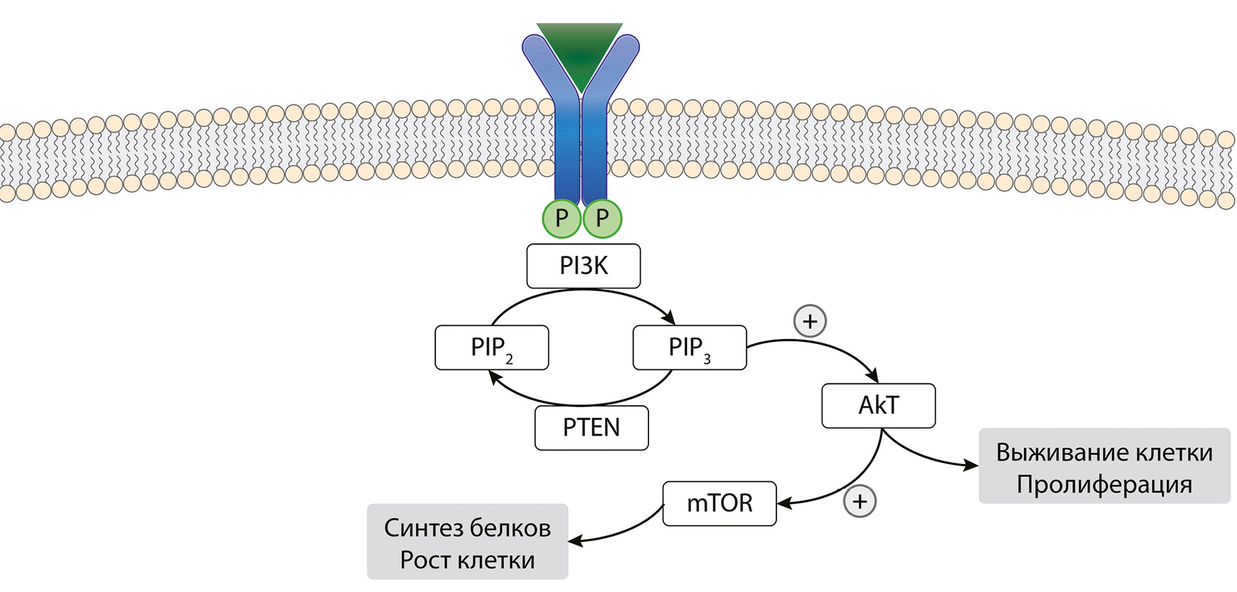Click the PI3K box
(583, 265)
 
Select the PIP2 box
(491, 348)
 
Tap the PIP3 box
(689, 348)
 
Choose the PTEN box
(591, 428)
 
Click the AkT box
(878, 405)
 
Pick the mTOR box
(719, 503)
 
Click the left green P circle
(562, 218)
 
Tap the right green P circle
(602, 218)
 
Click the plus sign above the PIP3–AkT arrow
(810, 321)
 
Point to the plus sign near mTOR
(860, 501)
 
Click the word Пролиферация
(1104, 484)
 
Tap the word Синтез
(423, 528)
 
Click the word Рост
(426, 560)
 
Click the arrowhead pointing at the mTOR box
(784, 502)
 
